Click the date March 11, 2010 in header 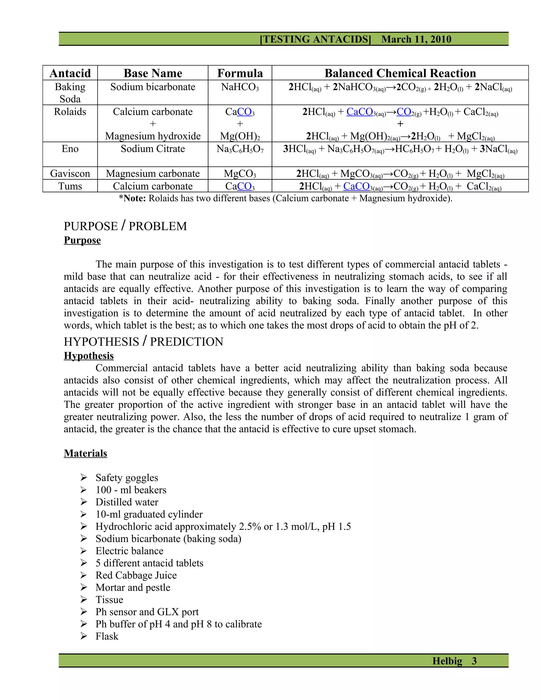pyautogui.click(x=416, y=39)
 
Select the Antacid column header pyautogui.click(x=70, y=73)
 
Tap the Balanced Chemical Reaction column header pyautogui.click(x=400, y=73)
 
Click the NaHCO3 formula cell pyautogui.click(x=240, y=87)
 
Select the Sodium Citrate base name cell pyautogui.click(x=153, y=149)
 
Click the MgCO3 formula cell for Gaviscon pyautogui.click(x=240, y=174)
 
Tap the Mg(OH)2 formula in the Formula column pyautogui.click(x=240, y=136)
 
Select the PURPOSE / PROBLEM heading pyautogui.click(x=125, y=226)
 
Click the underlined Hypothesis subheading pyautogui.click(x=89, y=356)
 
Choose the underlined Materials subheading pyautogui.click(x=85, y=453)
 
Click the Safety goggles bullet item pyautogui.click(x=127, y=478)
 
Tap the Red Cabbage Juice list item pyautogui.click(x=136, y=575)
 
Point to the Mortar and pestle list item pyautogui.click(x=133, y=587)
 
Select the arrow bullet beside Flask pyautogui.click(x=84, y=636)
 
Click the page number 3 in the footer pyautogui.click(x=474, y=661)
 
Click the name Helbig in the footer pyautogui.click(x=447, y=661)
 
